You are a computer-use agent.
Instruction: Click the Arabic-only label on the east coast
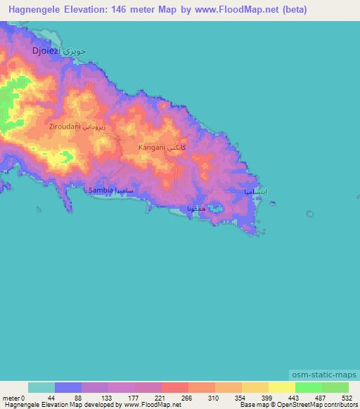(x=255, y=192)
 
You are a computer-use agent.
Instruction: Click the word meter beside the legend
(x=11, y=397)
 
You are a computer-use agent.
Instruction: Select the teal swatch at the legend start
(x=41, y=387)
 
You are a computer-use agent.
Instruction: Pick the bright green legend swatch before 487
(x=309, y=387)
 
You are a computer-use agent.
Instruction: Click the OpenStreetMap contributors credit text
(x=309, y=405)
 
